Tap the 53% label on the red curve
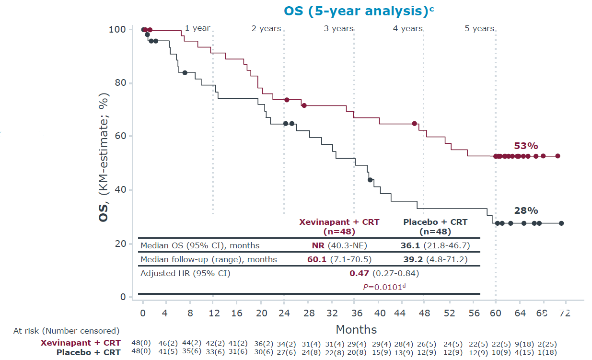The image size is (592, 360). tap(526, 146)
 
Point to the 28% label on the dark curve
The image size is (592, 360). tap(526, 210)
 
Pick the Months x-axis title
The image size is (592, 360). tap(356, 329)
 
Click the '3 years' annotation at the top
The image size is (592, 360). tap(338, 29)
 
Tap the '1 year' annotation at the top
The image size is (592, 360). tap(197, 28)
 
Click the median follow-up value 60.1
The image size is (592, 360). tap(317, 259)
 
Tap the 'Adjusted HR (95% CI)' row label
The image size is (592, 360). tap(186, 274)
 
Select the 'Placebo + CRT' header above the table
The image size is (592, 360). tap(435, 222)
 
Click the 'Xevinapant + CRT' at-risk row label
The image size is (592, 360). tap(81, 343)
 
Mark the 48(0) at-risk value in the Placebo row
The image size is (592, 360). tap(141, 352)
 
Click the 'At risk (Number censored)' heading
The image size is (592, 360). tap(66, 330)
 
